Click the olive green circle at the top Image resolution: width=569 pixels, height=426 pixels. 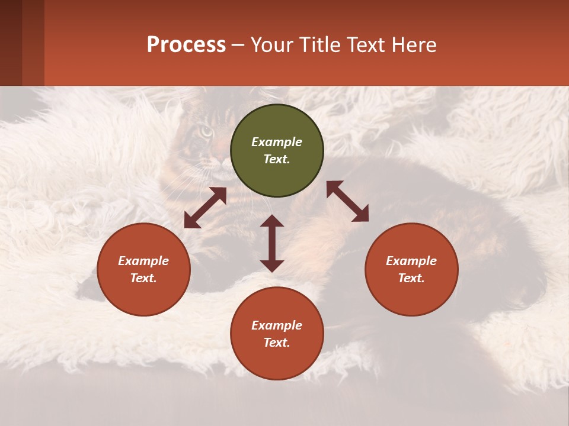[x=277, y=150]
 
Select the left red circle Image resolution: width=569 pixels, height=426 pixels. [x=143, y=269]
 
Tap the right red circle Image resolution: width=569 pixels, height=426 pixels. [x=411, y=269]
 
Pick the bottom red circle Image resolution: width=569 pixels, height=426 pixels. [x=277, y=334]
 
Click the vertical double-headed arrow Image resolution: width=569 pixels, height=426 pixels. [x=272, y=243]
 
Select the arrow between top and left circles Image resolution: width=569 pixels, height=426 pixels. [x=205, y=208]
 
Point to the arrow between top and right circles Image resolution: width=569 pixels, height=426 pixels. [x=347, y=201]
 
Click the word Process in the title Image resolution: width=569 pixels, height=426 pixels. [x=186, y=44]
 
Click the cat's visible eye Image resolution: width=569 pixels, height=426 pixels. [x=205, y=132]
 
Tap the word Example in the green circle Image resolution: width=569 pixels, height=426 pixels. [x=277, y=142]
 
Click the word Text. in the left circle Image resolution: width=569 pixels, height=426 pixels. [x=143, y=278]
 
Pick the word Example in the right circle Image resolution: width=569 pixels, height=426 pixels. [x=411, y=261]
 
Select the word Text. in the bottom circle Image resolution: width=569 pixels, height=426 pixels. [x=277, y=343]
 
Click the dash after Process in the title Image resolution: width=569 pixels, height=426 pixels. [x=238, y=45]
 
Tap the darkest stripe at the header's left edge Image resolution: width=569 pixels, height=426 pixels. [x=11, y=43]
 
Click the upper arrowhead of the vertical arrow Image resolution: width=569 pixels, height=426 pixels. [x=272, y=221]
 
